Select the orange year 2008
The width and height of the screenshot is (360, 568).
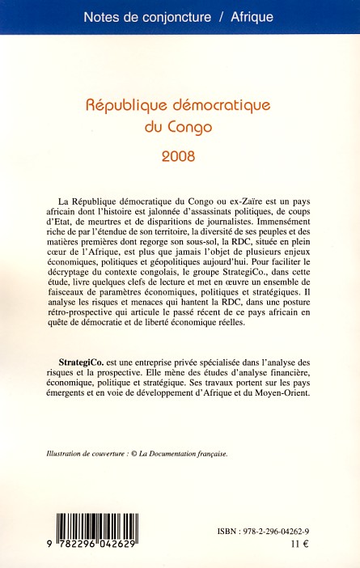click(180, 155)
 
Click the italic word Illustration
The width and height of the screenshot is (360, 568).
click(67, 454)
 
